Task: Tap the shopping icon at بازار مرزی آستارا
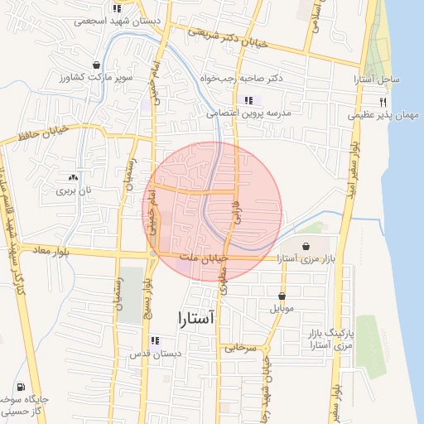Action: (307, 246)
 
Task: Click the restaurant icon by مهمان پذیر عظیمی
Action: (383, 102)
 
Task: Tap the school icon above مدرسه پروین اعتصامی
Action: (249, 100)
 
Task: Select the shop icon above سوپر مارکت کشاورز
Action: (97, 65)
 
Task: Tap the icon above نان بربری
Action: (72, 177)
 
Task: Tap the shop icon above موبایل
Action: (282, 296)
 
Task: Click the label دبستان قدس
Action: (154, 354)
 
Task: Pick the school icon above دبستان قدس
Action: (154, 340)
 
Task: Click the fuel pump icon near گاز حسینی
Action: (20, 387)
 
